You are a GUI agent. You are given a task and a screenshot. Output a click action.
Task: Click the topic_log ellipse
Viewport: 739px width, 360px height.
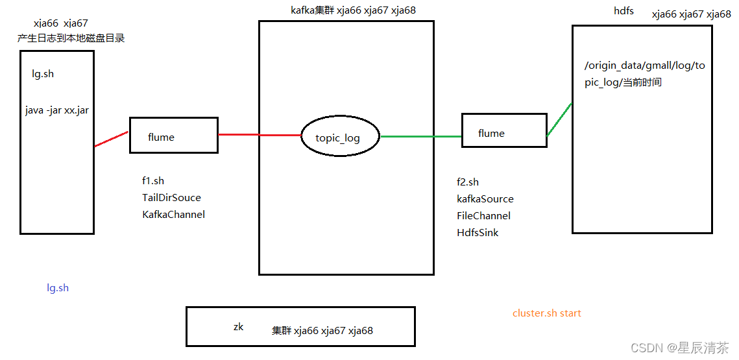coord(338,138)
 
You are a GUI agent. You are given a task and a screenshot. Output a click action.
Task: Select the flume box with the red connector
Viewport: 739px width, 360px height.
coord(174,136)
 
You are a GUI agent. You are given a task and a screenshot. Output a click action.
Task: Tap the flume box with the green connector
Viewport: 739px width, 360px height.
coord(503,130)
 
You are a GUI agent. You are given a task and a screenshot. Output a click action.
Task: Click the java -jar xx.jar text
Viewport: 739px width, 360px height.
coord(57,110)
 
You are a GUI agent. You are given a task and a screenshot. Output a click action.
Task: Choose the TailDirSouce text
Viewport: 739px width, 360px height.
coord(172,198)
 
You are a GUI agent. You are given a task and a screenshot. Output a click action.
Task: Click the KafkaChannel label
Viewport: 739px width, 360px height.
coord(174,215)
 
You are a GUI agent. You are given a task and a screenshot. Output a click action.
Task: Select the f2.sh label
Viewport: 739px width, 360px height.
coord(468,182)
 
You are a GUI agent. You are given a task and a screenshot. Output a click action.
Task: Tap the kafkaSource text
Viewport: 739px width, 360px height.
coord(485,199)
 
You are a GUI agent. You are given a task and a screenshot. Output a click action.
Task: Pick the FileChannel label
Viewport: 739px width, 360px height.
coord(484,216)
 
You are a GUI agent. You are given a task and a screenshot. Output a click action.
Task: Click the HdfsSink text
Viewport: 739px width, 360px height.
coord(478,233)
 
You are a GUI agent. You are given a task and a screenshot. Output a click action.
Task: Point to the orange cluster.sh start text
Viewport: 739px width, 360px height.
coord(547,313)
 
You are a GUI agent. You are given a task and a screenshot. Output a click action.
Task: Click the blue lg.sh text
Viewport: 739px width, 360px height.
coord(58,288)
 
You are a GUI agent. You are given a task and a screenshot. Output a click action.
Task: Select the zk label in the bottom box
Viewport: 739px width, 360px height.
coord(238,327)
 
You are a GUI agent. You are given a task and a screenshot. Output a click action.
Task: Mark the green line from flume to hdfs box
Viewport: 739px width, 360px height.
coord(559,119)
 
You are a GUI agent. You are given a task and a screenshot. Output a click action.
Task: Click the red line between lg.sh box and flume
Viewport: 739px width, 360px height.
coord(112,139)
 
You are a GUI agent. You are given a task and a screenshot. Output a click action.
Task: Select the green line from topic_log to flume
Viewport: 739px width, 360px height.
coord(420,137)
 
